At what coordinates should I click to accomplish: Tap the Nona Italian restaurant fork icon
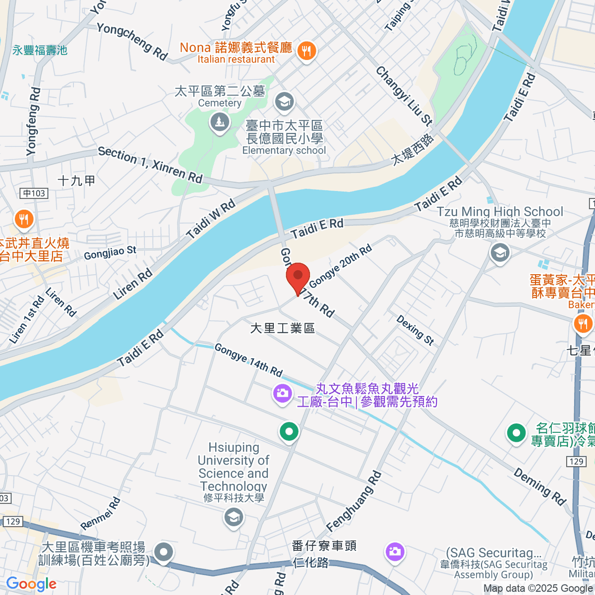coord(306,51)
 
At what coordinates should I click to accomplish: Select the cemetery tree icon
coord(219,121)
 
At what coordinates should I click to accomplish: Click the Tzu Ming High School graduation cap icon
coord(500,253)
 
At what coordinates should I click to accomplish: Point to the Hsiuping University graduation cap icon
coord(233,518)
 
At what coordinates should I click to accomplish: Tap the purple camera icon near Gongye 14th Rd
coord(282,394)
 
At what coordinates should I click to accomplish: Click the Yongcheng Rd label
coord(132,42)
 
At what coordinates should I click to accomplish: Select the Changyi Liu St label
coord(404,96)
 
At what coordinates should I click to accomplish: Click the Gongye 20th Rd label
coord(340,266)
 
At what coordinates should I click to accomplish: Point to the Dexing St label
coord(415,330)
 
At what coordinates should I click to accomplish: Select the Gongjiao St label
coord(110,252)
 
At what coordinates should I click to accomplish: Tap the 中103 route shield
coord(34,193)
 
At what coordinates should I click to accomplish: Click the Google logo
coord(31,584)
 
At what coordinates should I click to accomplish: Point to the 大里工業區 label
coord(283,328)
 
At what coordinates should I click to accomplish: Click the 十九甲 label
coord(76,180)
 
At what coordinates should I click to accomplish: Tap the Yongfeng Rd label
coord(33,122)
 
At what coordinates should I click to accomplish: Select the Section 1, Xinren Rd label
coord(150,164)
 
